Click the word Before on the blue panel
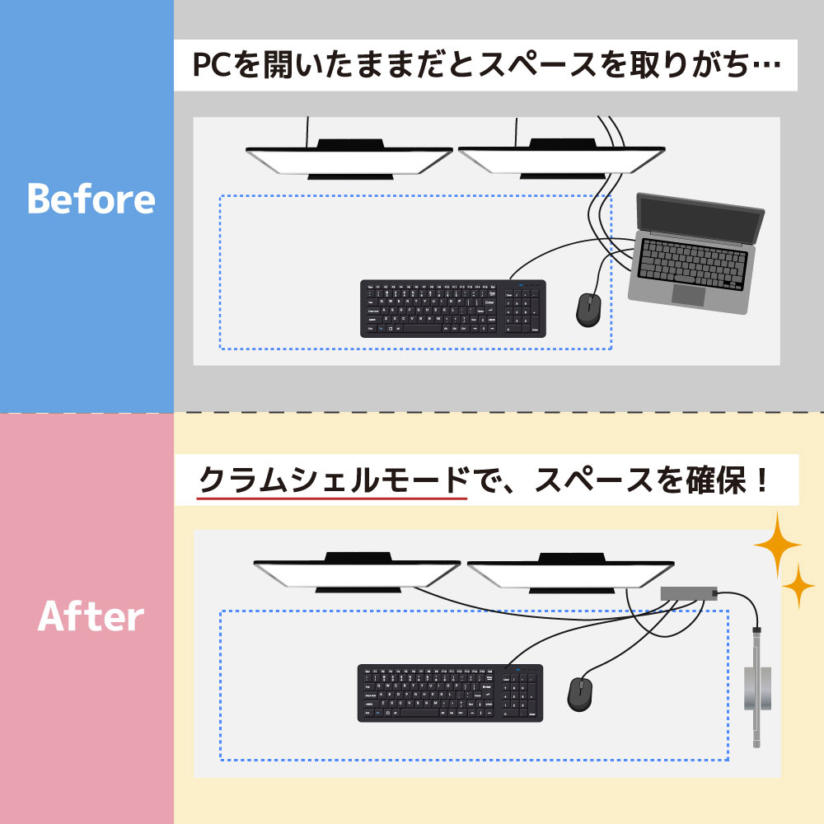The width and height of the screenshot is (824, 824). point(91,199)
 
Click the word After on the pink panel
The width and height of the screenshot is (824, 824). point(91,616)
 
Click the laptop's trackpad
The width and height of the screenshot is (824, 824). point(688,295)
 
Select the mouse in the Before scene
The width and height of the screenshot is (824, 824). point(588,310)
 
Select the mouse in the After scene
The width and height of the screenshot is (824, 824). point(579,694)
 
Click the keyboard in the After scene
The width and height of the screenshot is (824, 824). point(450,693)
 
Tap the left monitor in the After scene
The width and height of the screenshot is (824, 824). point(357,574)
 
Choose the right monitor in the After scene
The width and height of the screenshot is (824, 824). point(570,574)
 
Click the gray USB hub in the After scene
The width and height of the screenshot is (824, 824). point(688,592)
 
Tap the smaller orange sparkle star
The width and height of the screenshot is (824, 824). point(798,587)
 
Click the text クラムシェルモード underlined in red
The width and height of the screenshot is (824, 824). point(333,480)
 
